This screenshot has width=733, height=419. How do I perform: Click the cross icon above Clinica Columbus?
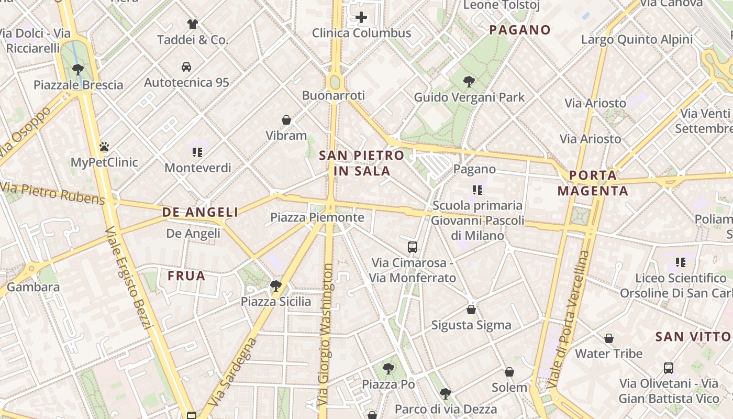(361, 18)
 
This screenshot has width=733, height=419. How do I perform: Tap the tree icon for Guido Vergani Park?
(469, 82)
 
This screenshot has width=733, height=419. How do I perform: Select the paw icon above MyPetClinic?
(104, 147)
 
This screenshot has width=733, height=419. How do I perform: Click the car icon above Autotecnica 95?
(186, 67)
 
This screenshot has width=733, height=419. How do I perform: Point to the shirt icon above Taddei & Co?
(193, 24)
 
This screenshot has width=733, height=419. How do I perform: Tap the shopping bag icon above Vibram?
(286, 120)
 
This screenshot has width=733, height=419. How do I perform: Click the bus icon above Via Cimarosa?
(413, 247)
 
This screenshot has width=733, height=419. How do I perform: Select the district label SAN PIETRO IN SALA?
(361, 163)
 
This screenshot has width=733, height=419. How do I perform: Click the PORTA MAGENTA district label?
(593, 183)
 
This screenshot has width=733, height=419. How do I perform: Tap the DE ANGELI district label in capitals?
(200, 212)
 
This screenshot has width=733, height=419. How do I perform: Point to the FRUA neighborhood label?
(186, 276)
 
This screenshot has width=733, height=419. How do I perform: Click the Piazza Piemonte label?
(317, 217)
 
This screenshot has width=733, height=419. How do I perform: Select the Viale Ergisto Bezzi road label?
(128, 278)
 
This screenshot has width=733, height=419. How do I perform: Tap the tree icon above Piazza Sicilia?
(276, 286)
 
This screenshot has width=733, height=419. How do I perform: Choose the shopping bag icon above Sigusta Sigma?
(471, 310)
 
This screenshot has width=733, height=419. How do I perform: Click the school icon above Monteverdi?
(197, 152)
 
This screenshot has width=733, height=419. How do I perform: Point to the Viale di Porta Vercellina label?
(569, 319)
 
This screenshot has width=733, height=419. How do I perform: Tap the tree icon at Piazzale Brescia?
(78, 69)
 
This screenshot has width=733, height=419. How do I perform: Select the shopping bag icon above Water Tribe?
(609, 338)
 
